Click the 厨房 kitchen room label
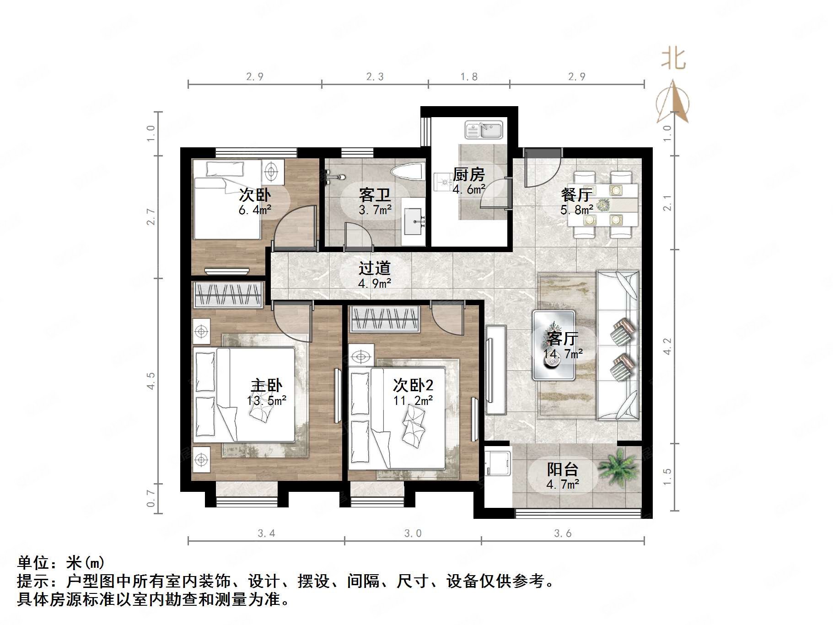click(468, 174)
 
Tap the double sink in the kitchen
click(484, 130)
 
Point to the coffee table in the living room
click(554, 345)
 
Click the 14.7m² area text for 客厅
click(563, 354)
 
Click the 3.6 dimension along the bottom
click(563, 533)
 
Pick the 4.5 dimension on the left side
click(151, 381)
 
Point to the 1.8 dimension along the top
click(469, 77)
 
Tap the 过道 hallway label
click(374, 268)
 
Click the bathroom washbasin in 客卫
click(414, 222)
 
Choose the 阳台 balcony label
click(563, 469)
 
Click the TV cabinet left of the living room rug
click(496, 370)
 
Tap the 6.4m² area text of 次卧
click(255, 210)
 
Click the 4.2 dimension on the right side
click(667, 346)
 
